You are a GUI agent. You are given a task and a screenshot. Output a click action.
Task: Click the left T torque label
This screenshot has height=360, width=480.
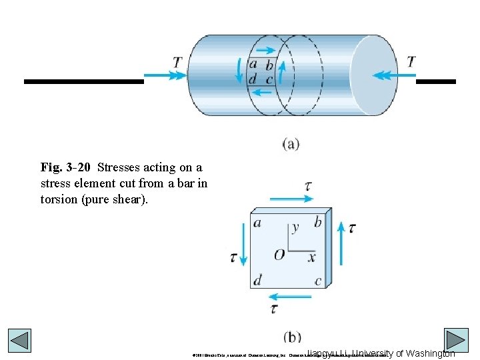click(x=177, y=62)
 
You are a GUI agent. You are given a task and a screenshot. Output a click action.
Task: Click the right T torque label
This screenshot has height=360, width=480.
click(x=411, y=62)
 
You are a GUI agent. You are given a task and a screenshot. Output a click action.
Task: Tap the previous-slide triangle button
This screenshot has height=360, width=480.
click(x=19, y=341)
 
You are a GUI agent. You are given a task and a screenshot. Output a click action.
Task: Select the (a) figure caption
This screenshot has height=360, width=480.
click(x=291, y=143)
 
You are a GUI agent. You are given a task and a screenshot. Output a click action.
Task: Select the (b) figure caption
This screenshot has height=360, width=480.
click(x=291, y=337)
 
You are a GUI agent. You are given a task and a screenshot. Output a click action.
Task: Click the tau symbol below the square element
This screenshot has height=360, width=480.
click(x=274, y=309)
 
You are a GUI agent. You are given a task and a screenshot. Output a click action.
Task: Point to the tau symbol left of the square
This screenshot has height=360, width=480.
click(x=233, y=257)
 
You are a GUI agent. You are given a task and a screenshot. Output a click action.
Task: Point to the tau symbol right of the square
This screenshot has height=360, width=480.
click(x=351, y=228)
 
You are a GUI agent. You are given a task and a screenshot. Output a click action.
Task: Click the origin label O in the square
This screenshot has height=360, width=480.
click(x=279, y=255)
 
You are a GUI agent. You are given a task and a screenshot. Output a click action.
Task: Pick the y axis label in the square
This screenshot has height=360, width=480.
click(x=295, y=227)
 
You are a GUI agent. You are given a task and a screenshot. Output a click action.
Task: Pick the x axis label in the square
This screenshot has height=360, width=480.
click(x=311, y=257)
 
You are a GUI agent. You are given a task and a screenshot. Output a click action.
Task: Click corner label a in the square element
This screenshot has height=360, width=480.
click(x=257, y=223)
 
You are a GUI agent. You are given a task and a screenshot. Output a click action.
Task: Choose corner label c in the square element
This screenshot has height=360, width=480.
click(x=317, y=281)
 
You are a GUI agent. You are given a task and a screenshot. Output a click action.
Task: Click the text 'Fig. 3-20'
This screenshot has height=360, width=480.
click(x=65, y=167)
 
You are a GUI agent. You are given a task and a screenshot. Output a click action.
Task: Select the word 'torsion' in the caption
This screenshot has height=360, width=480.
click(x=59, y=199)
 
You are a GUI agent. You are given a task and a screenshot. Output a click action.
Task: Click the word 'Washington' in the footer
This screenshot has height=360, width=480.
click(x=429, y=353)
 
